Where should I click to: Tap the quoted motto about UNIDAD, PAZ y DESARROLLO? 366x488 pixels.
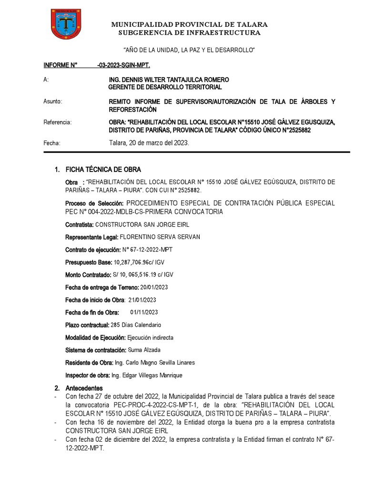point(189,50)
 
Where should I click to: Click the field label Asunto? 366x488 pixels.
point(53,102)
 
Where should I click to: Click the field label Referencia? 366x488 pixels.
point(57,122)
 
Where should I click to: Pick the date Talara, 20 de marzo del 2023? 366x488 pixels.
point(149,143)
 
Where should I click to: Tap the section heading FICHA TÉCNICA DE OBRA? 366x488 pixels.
point(103,170)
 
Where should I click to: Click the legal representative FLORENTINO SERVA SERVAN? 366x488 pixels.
point(160,237)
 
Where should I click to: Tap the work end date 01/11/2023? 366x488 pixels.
point(144,312)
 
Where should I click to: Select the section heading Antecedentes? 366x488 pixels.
point(83,388)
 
